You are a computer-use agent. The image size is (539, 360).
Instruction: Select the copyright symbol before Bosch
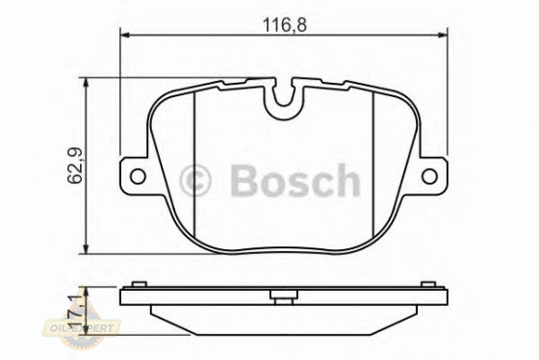(196, 179)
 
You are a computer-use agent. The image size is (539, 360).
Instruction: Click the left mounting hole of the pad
(137, 176)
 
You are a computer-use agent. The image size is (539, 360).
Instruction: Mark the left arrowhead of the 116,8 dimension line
(124, 38)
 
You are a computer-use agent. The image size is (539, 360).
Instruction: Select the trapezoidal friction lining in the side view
(284, 312)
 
